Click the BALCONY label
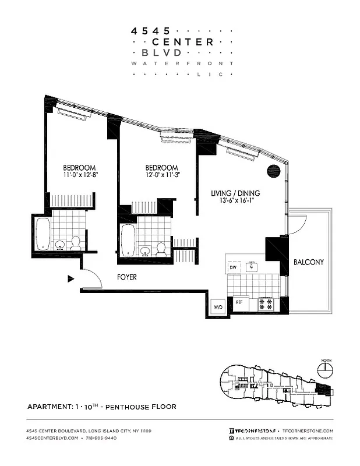pyautogui.click(x=308, y=262)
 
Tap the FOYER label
pyautogui.click(x=126, y=278)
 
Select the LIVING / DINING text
pyautogui.click(x=236, y=193)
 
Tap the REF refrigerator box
pyautogui.click(x=239, y=303)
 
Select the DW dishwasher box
pyautogui.click(x=233, y=267)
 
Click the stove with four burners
pyautogui.click(x=266, y=303)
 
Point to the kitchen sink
pyautogui.click(x=252, y=267)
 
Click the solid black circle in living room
pyautogui.click(x=274, y=171)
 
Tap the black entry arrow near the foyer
pyautogui.click(x=71, y=279)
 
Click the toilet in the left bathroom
pyautogui.click(x=76, y=244)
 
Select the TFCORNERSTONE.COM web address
pyautogui.click(x=308, y=430)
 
